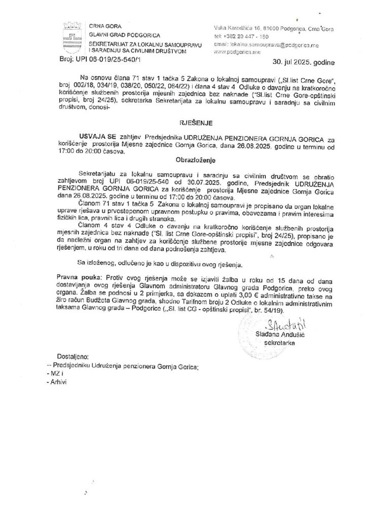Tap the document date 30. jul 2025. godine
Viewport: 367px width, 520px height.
pos(302,64)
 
